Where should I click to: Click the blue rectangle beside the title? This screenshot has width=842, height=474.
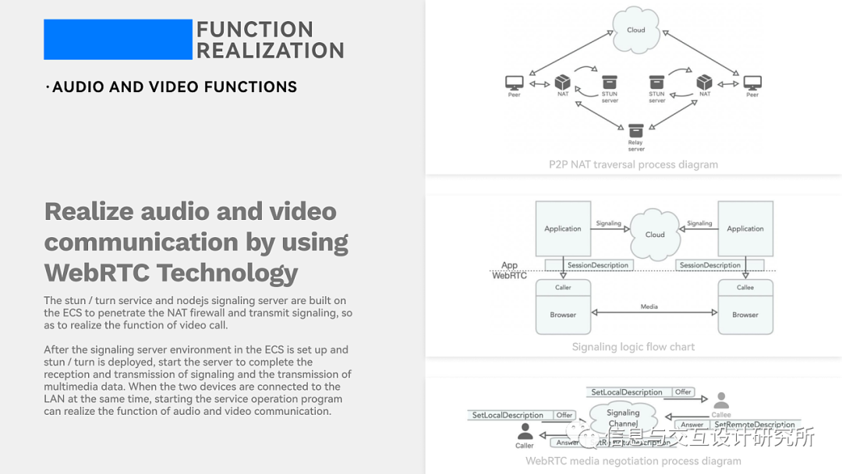pyautogui.click(x=118, y=40)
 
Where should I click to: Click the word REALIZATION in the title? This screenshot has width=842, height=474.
pyautogui.click(x=270, y=51)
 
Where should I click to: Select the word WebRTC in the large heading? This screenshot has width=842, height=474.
pyautogui.click(x=97, y=273)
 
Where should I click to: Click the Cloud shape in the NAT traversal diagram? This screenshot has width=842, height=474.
pyautogui.click(x=636, y=30)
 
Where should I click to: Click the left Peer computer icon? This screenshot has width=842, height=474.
pyautogui.click(x=515, y=83)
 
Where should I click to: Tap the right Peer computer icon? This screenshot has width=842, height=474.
pyautogui.click(x=752, y=83)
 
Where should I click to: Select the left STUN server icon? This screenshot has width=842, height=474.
pyautogui.click(x=610, y=82)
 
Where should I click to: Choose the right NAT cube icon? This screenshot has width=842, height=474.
pyautogui.click(x=705, y=82)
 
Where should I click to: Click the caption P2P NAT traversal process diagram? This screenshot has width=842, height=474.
pyautogui.click(x=633, y=164)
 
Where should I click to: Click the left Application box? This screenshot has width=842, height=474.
pyautogui.click(x=563, y=228)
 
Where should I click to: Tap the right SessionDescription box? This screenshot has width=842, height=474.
pyautogui.click(x=710, y=265)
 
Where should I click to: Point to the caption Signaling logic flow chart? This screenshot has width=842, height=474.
pyautogui.click(x=633, y=347)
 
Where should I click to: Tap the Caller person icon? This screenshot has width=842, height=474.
pyautogui.click(x=525, y=432)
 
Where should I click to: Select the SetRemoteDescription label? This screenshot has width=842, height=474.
pyautogui.click(x=754, y=425)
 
